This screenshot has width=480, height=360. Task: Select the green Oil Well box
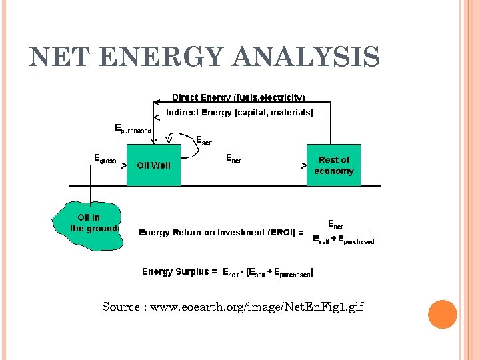153,165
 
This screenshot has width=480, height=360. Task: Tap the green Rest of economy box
333,165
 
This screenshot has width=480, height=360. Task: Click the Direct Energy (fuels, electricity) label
238,97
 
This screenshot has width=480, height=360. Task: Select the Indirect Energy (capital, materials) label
239,113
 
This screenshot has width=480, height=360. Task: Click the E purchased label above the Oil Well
133,129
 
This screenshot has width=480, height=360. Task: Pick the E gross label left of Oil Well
105,160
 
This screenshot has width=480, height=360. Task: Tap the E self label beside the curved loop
204,140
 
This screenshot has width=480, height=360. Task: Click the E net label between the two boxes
233,159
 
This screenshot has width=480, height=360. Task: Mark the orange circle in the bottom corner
442,315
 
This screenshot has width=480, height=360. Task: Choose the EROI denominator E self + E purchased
343,241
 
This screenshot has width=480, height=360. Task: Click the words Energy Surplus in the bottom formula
175,272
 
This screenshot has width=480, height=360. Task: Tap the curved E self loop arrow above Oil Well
187,143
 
